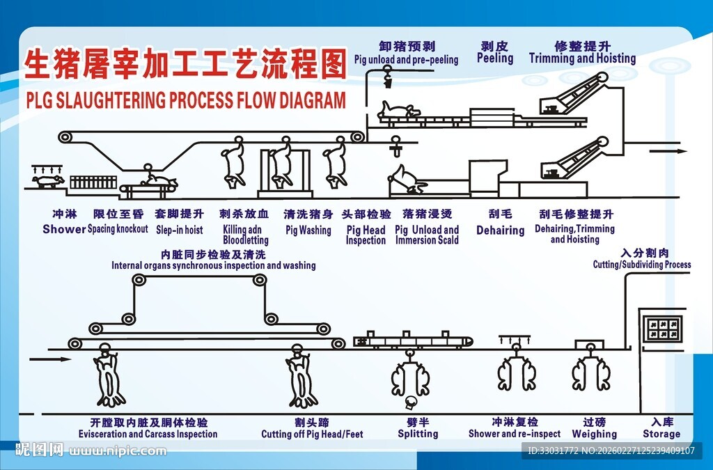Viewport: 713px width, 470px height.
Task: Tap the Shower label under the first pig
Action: [x=64, y=229]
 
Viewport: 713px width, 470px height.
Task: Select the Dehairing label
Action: [x=500, y=230]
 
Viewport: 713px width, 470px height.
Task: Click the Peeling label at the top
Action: [x=495, y=58]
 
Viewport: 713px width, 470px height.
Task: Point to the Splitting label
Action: [x=418, y=434]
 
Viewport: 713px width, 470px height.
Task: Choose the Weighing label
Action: [x=594, y=434]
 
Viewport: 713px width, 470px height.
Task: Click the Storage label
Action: [x=661, y=434]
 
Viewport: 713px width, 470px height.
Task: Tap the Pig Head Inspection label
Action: [x=366, y=235]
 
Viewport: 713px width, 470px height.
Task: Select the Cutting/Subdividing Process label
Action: [x=642, y=265]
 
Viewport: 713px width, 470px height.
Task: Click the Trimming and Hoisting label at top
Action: [x=582, y=58]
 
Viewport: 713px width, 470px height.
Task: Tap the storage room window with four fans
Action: [x=662, y=327]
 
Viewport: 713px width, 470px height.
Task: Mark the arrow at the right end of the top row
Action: [x=671, y=151]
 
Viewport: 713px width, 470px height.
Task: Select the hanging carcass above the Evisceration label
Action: [x=109, y=379]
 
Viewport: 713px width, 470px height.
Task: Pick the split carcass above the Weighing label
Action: [x=594, y=374]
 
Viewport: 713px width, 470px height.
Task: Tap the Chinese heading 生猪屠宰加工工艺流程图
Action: [x=185, y=66]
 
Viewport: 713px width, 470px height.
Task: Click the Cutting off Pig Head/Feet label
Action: [x=312, y=434]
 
